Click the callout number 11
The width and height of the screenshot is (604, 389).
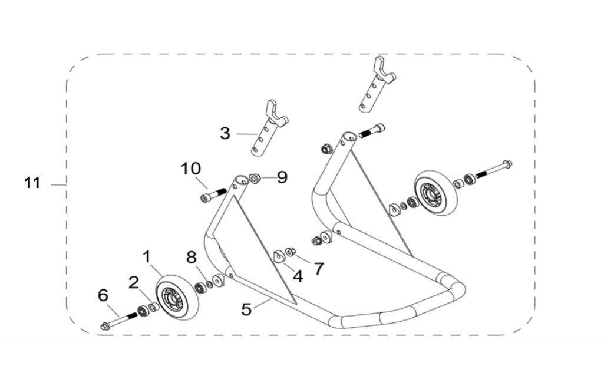(x=32, y=183)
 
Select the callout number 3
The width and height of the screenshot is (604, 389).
(x=225, y=133)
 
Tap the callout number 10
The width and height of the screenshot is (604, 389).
(x=190, y=169)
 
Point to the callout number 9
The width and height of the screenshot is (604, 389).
(x=282, y=177)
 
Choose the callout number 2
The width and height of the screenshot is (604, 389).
(x=134, y=282)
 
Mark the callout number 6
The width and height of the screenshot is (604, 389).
(x=103, y=294)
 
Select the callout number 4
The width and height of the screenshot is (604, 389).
(x=298, y=275)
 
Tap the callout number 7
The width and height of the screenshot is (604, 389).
(x=318, y=269)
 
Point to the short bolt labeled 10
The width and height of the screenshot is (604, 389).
(x=214, y=194)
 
